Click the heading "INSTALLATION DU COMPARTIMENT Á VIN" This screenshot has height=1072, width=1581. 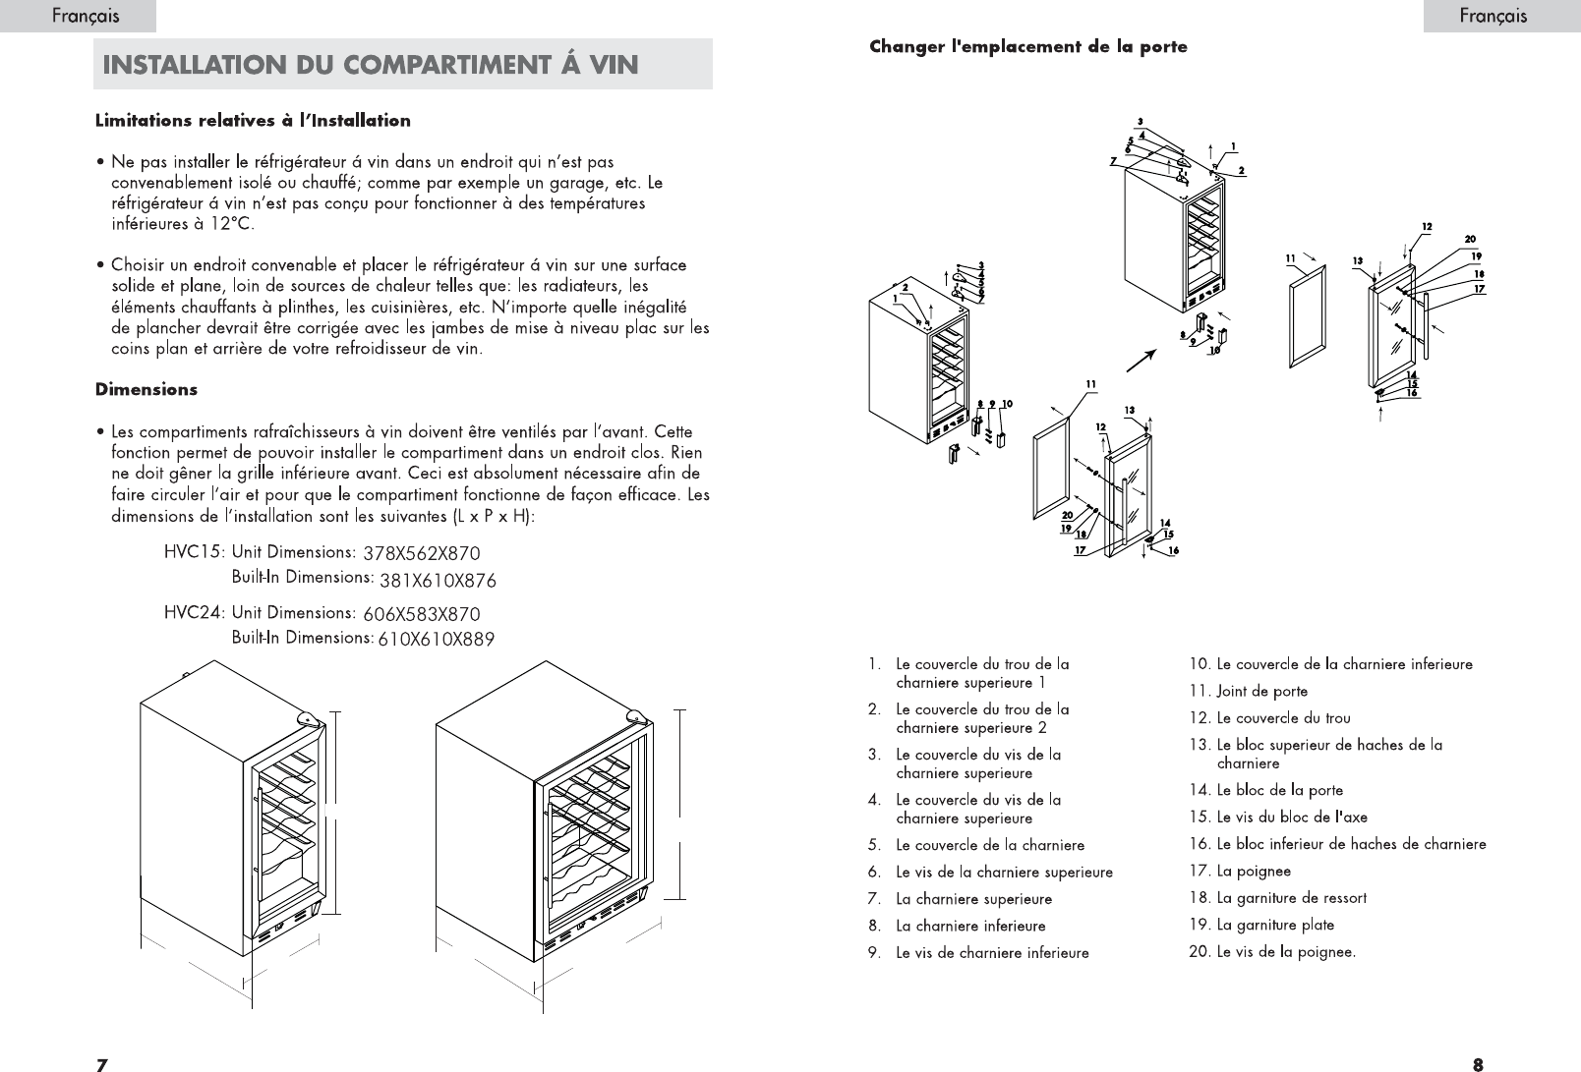tap(371, 65)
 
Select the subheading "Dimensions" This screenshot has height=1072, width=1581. tap(146, 389)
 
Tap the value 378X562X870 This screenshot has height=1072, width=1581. tap(421, 554)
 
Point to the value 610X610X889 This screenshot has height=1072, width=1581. tap(436, 640)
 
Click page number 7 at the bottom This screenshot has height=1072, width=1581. tap(101, 1063)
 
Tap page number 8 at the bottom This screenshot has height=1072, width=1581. tap(1478, 1063)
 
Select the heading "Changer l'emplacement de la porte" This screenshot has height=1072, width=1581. tap(1027, 47)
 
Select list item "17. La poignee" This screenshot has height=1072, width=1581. tap(1240, 871)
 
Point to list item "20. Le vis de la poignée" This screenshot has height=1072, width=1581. tap(1272, 952)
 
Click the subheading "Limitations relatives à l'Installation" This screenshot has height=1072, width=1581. tap(253, 121)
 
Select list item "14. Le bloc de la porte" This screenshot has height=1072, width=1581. tap(1265, 790)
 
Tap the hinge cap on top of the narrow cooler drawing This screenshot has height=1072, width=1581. tap(308, 719)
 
